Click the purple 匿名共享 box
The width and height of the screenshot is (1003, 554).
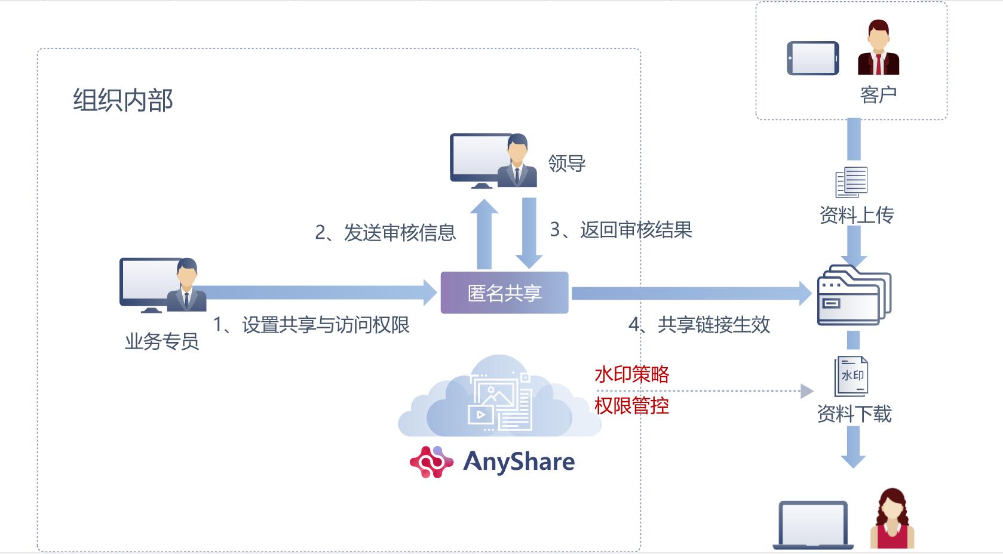coord(504,293)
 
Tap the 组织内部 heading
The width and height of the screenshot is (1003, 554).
coord(123,100)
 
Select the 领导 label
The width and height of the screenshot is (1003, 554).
coord(566,163)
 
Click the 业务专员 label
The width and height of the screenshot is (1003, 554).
coord(161,341)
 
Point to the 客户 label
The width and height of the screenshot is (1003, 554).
coord(878,94)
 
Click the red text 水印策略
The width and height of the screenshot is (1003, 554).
coord(631,374)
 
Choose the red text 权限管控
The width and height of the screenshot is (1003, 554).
coord(631,406)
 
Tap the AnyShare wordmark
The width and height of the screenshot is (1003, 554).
coord(519,461)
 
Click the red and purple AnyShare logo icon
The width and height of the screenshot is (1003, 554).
coord(431,462)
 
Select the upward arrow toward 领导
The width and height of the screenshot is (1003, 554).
coord(484,234)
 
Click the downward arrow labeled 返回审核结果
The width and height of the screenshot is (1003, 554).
coord(529,233)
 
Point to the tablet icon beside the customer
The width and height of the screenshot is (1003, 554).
coord(812,58)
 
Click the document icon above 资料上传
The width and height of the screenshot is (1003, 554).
coord(851,182)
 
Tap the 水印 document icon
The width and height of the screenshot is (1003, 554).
coord(851,376)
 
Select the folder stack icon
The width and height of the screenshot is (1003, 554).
coord(853,296)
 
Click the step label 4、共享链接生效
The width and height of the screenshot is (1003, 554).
coord(699,325)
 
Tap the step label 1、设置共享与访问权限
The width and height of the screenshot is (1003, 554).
coord(311,325)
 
